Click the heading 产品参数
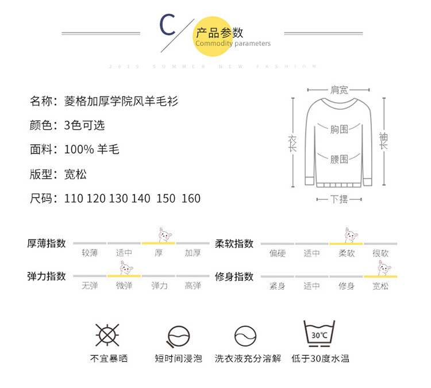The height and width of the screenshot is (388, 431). pos(219,32)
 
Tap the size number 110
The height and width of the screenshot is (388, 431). pos(74,198)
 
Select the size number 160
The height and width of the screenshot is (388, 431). pos(191,198)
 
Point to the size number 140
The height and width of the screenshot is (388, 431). pos(141,198)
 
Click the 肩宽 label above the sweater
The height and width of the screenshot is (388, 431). pos(339,90)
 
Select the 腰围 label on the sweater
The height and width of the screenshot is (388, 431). pos(339,159)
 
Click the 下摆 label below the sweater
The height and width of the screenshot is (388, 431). pos(339,199)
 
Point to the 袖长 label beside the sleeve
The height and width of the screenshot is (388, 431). pos(383,141)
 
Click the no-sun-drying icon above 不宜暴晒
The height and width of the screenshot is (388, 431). pos(107,335)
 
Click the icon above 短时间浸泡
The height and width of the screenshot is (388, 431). pos(178,336)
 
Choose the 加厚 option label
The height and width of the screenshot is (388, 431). pos(193,253)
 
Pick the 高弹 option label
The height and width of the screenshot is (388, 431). pos(193,286)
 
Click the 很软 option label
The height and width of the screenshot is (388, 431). pos(380,253)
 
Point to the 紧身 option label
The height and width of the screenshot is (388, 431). pos(278,286)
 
